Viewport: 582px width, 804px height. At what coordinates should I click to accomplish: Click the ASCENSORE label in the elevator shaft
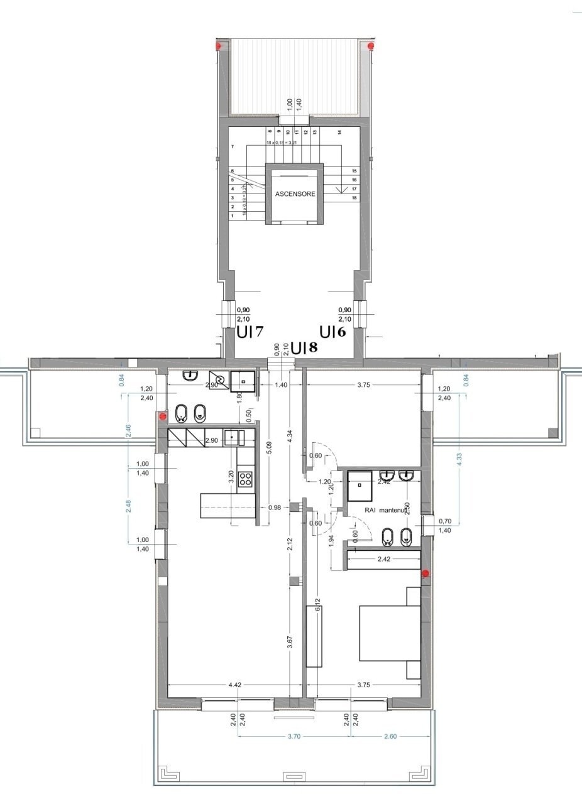[295, 194]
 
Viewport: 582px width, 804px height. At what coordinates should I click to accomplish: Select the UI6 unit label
[332, 332]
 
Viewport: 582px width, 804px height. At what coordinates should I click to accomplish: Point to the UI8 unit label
[304, 347]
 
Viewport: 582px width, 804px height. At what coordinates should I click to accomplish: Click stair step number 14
[339, 133]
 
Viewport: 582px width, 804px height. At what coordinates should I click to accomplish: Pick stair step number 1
[233, 215]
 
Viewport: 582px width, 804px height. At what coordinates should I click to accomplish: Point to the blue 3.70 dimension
[294, 736]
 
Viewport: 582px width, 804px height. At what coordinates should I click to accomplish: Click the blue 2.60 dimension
[390, 736]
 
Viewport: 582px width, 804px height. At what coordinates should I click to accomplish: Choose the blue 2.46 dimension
[129, 430]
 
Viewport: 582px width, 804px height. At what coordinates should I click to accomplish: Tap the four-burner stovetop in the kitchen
[245, 480]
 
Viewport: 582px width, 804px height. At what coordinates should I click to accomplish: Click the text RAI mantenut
[387, 511]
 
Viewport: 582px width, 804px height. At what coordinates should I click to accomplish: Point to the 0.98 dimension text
[273, 508]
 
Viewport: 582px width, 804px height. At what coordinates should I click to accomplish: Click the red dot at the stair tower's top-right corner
[371, 46]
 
